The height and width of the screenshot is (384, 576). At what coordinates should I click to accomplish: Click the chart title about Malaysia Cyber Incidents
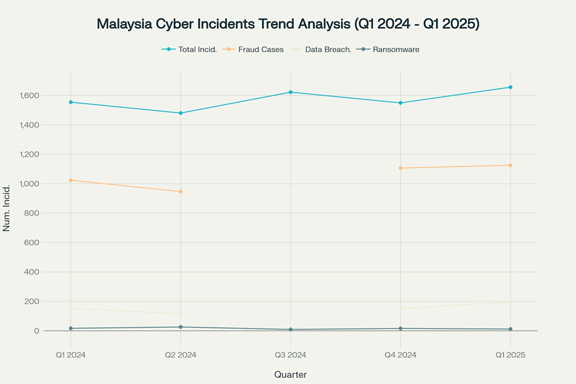pyautogui.click(x=288, y=24)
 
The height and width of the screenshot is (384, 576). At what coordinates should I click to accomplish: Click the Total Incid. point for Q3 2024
pyautogui.click(x=290, y=92)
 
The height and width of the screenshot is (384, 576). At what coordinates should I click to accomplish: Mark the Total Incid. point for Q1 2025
pyautogui.click(x=510, y=87)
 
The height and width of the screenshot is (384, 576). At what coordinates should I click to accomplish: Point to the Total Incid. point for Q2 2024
pyautogui.click(x=181, y=113)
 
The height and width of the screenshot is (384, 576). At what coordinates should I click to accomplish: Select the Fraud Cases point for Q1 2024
pyautogui.click(x=70, y=180)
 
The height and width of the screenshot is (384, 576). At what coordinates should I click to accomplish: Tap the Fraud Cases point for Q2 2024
pyautogui.click(x=181, y=192)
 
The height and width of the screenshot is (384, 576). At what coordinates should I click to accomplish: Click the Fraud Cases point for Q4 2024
pyautogui.click(x=400, y=168)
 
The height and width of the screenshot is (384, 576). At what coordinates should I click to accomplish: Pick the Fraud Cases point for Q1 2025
pyautogui.click(x=510, y=165)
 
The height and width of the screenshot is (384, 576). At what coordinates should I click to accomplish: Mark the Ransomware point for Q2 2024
pyautogui.click(x=181, y=327)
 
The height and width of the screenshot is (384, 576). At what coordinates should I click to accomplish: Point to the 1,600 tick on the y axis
pyautogui.click(x=28, y=96)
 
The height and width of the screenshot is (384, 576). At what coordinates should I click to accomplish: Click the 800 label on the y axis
pyautogui.click(x=32, y=213)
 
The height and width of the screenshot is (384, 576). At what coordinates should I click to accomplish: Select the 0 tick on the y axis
pyautogui.click(x=37, y=331)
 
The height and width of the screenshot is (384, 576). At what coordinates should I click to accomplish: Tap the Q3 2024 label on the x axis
pyautogui.click(x=290, y=355)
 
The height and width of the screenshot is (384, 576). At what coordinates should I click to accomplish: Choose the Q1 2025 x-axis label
pyautogui.click(x=510, y=355)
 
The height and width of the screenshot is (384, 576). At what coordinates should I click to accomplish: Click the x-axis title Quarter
pyautogui.click(x=290, y=374)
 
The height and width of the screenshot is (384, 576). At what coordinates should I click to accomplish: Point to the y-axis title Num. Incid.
pyautogui.click(x=7, y=213)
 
